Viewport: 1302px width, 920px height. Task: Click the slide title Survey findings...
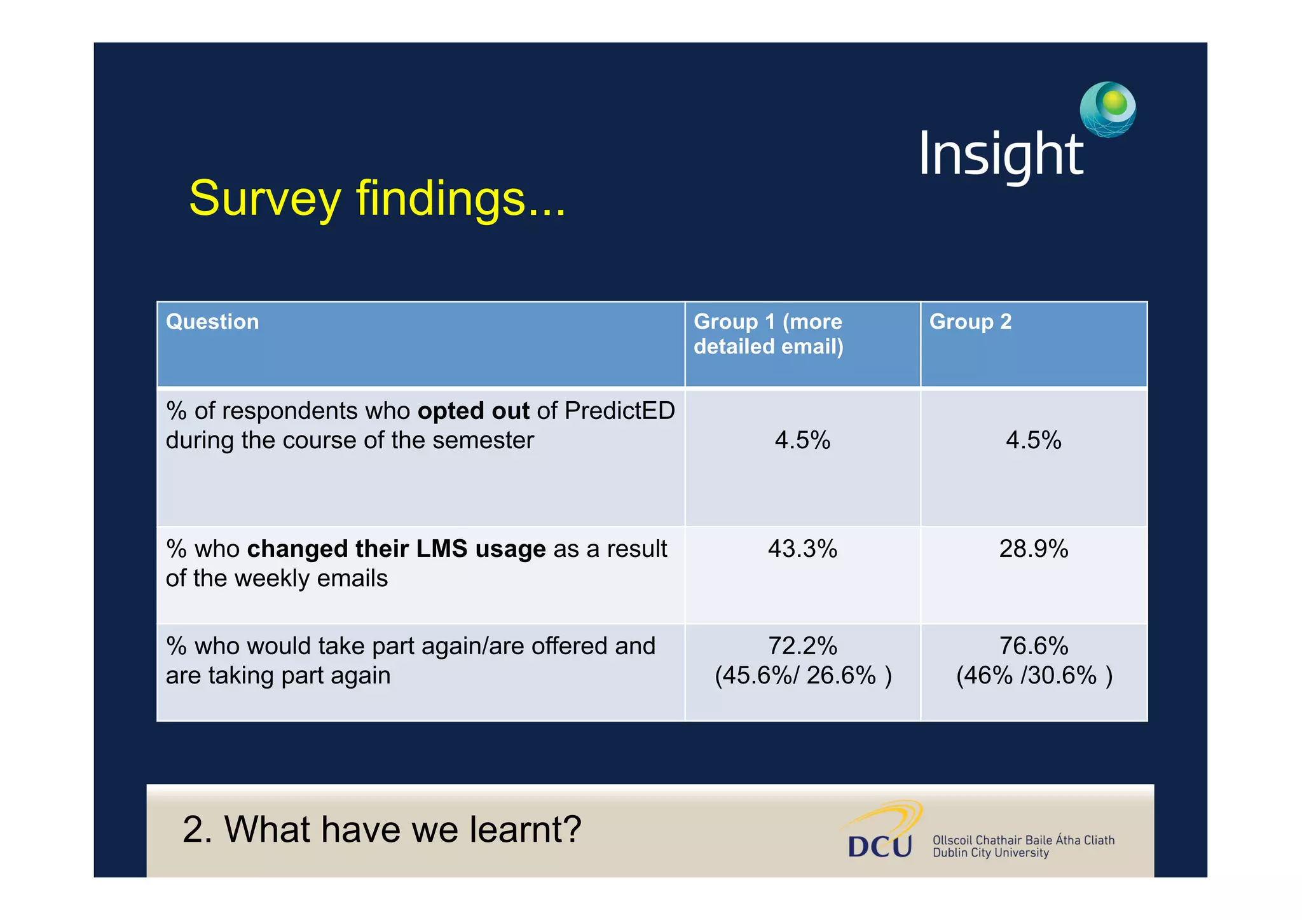coord(376,198)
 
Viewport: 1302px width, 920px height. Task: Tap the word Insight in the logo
coord(1001,154)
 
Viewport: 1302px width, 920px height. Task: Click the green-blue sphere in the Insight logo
coord(1107,109)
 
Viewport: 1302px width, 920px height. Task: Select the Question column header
coord(212,322)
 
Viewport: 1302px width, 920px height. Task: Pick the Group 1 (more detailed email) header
coord(768,334)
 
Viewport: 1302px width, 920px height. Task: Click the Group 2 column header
coord(970,322)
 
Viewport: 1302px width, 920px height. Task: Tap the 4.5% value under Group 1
coord(802,440)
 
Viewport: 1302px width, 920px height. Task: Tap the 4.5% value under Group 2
coord(1033,440)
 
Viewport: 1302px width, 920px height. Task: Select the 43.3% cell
coord(802,549)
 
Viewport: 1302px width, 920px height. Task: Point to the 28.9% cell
coord(1033,549)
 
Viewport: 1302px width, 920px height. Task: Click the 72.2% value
coord(802,646)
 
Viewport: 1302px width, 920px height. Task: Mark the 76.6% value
coord(1033,646)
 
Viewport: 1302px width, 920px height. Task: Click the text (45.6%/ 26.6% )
coord(803,675)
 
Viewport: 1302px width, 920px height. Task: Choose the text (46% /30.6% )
coord(1034,675)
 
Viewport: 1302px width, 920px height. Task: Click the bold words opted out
coord(473,411)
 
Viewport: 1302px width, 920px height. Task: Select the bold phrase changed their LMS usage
coord(395,549)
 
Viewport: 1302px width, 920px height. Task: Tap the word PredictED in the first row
coord(619,411)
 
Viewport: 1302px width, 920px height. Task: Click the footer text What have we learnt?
coord(381,829)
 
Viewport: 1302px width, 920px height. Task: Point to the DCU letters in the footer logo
coord(880,846)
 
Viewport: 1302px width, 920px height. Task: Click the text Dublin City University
coord(990,853)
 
